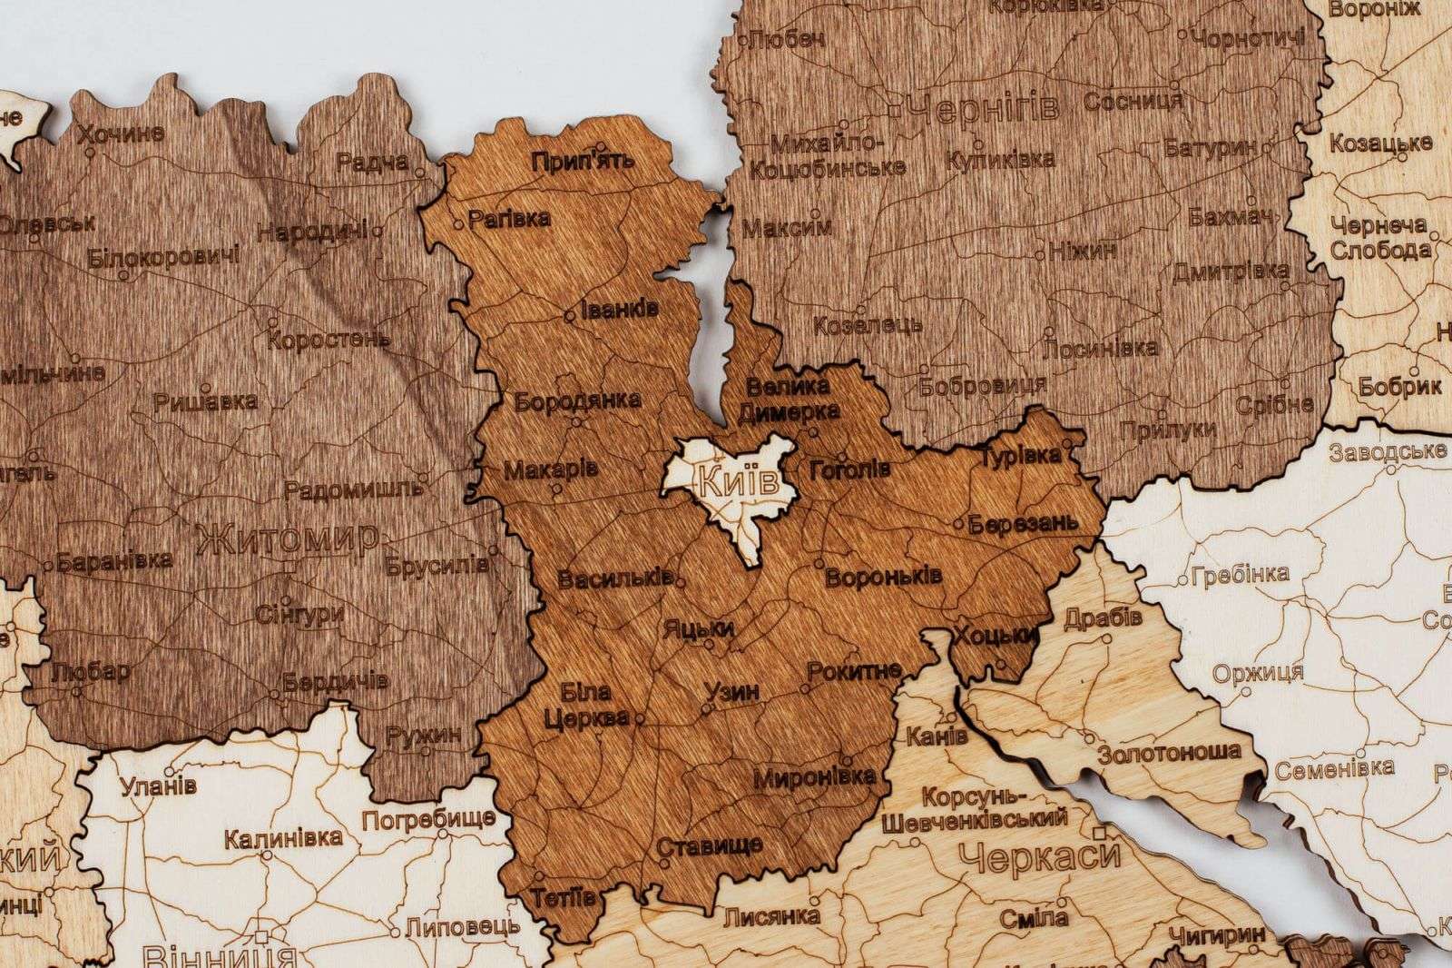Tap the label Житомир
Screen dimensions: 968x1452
pos(286,538)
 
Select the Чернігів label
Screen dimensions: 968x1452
pos(983,109)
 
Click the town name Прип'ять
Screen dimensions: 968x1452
pos(584,162)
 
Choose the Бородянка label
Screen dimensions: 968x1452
pos(577,400)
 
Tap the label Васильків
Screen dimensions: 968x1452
pos(614,578)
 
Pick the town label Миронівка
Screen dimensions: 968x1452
pos(815,776)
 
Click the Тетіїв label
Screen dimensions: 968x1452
pos(564,897)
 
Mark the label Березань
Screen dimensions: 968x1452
pos(1023,524)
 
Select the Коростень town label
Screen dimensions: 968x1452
pos(329,341)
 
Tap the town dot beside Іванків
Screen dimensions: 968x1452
pos(569,316)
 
